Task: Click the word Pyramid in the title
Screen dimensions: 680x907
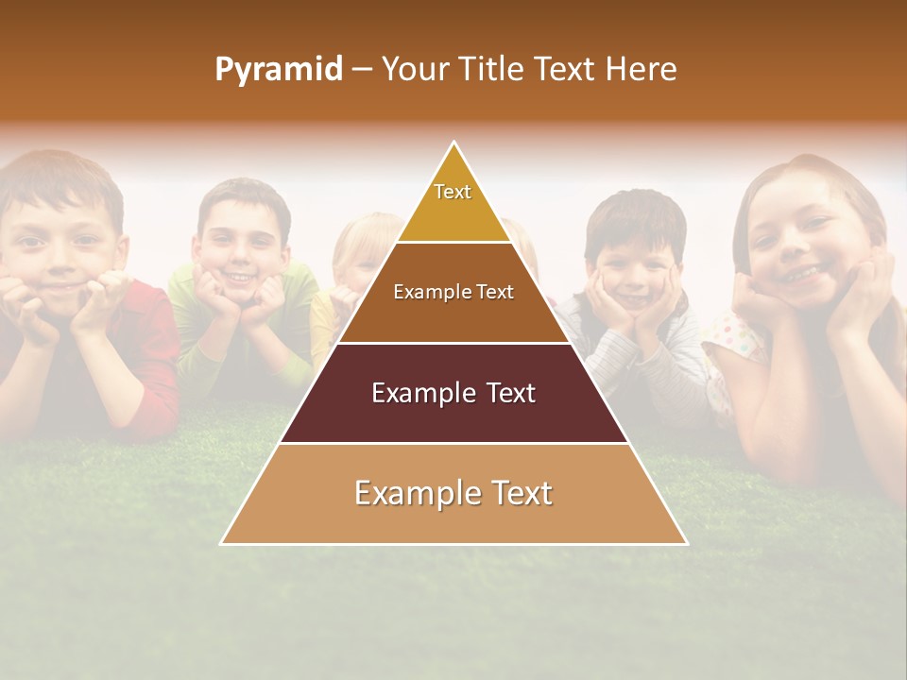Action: coord(279,70)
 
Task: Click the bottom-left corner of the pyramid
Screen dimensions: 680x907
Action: coord(222,544)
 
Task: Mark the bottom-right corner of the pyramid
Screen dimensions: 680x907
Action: coord(687,544)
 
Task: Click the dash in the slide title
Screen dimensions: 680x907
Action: coord(361,70)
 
